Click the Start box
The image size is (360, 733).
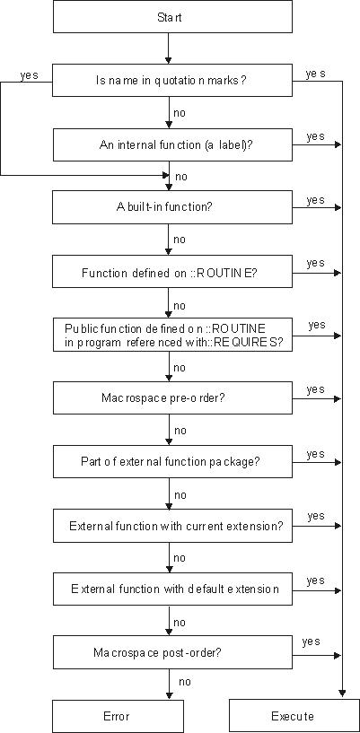pyautogui.click(x=172, y=17)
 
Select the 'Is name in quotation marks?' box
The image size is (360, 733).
pyautogui.click(x=172, y=81)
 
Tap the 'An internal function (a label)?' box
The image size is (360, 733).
pyautogui.click(x=172, y=144)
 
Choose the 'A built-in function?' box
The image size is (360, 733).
pyautogui.click(x=172, y=207)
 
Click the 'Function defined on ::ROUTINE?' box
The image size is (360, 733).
pyautogui.click(x=172, y=271)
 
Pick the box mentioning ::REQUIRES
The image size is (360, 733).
pyautogui.click(x=172, y=335)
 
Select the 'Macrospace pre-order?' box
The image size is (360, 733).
pyautogui.click(x=172, y=397)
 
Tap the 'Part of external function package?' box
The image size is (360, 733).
pyautogui.click(x=172, y=462)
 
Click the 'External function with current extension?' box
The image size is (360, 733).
pyautogui.click(x=172, y=526)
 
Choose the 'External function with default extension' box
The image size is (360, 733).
pyautogui.click(x=172, y=589)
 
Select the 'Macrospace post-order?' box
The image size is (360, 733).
pyautogui.click(x=172, y=652)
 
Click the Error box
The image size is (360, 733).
pyautogui.click(x=118, y=716)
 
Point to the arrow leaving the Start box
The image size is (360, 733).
pyautogui.click(x=169, y=48)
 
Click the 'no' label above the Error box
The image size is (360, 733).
pyautogui.click(x=185, y=682)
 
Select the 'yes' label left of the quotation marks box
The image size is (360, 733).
pyautogui.click(x=29, y=74)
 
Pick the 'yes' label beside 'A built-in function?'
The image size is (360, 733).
pyautogui.click(x=316, y=200)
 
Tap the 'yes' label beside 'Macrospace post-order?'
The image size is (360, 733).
pyautogui.click(x=311, y=641)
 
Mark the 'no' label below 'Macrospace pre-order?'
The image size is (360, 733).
pyautogui.click(x=180, y=430)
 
